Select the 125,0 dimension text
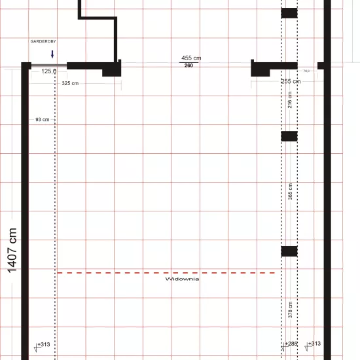tap(49, 71)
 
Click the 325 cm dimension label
tap(70, 83)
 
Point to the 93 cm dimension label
tap(43, 120)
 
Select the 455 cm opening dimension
tap(191, 58)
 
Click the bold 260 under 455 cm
tap(189, 65)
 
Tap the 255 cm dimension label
tap(290, 81)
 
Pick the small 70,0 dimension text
tap(306, 71)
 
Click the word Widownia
tap(182, 279)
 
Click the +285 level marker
tap(291, 344)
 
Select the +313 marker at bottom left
tap(43, 344)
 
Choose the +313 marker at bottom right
tap(314, 344)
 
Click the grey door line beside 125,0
tap(44, 64)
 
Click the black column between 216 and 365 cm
tap(289, 136)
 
